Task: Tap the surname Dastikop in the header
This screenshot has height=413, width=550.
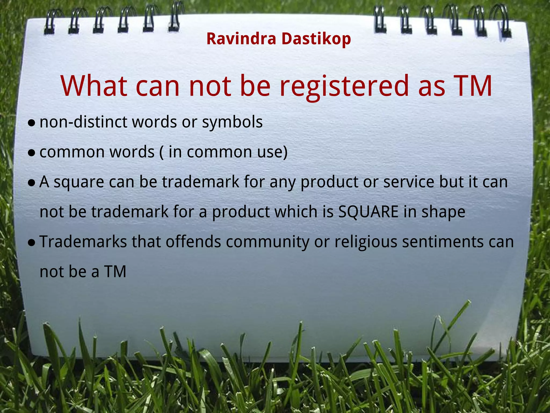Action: [316, 39]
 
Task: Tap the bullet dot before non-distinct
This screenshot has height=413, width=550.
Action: [32, 123]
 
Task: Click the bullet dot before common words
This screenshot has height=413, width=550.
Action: [32, 153]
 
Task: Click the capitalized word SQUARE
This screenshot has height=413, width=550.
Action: [368, 212]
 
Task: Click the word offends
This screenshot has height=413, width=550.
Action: [193, 242]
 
